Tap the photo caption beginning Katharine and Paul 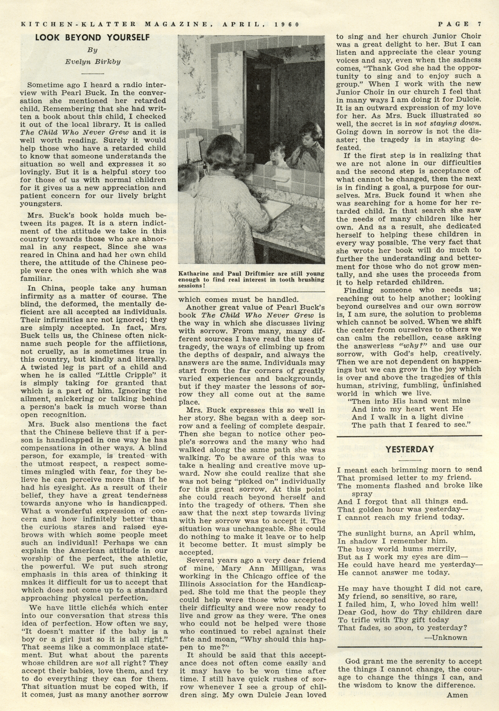pyautogui.click(x=251, y=280)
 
